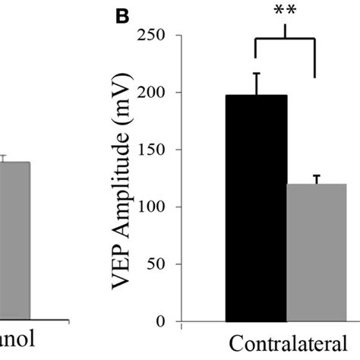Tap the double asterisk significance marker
click(x=285, y=11)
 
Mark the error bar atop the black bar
click(x=256, y=84)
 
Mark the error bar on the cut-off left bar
click(x=3, y=158)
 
